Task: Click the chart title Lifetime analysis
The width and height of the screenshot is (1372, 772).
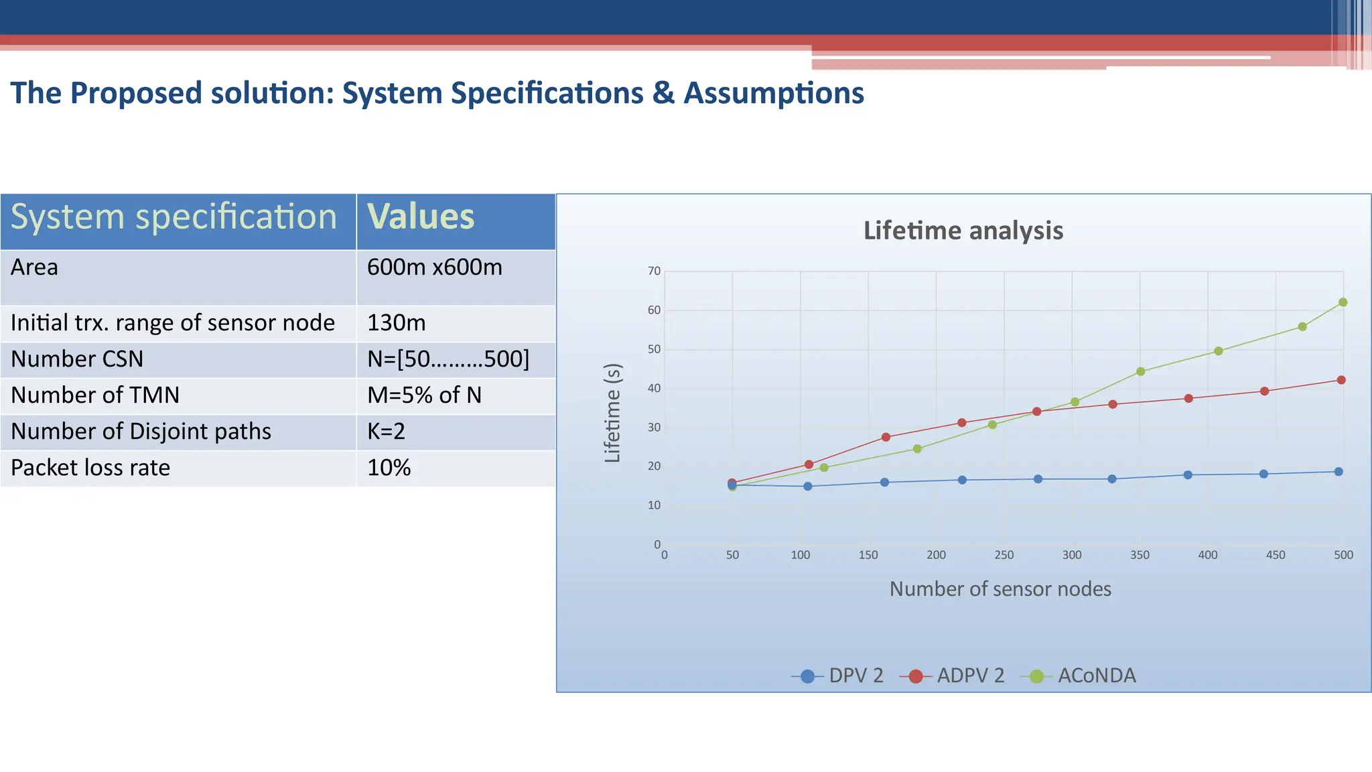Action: (x=963, y=231)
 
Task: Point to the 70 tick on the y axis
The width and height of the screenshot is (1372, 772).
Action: (x=654, y=271)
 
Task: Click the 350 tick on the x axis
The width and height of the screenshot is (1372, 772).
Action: (x=1140, y=555)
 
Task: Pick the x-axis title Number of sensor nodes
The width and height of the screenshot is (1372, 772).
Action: (x=1000, y=589)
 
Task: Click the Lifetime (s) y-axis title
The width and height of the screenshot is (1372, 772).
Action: (x=612, y=413)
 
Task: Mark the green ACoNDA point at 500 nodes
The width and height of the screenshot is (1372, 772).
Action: (x=1343, y=302)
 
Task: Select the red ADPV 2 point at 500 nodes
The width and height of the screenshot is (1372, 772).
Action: (x=1341, y=380)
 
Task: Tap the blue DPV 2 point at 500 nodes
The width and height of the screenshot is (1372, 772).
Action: (x=1339, y=472)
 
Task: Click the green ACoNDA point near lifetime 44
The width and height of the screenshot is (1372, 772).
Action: (x=1141, y=371)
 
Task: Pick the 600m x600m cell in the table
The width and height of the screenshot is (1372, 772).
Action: (x=434, y=267)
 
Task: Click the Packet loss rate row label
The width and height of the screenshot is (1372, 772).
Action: (x=90, y=468)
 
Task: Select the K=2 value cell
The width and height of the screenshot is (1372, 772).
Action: (x=386, y=432)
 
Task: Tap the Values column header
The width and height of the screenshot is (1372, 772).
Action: (x=421, y=217)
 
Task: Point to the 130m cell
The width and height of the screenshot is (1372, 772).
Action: (x=396, y=323)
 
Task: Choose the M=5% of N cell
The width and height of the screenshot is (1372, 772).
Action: (x=424, y=395)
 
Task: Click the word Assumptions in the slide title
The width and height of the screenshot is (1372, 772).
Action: (x=774, y=93)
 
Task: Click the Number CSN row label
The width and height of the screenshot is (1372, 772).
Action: (x=77, y=359)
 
